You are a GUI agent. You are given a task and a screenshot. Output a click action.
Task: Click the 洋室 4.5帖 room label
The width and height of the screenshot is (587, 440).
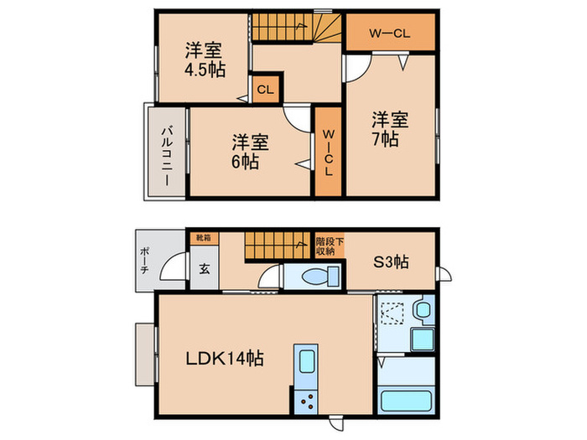coord(205,60)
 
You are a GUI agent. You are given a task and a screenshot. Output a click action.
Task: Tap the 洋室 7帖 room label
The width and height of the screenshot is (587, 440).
coord(389,129)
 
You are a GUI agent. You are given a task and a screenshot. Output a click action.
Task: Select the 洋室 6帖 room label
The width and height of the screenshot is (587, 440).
coord(250,152)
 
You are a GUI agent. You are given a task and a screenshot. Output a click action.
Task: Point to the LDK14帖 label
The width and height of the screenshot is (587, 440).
coord(225,359)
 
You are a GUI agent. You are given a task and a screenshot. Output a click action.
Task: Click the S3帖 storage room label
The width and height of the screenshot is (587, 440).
coord(391,261)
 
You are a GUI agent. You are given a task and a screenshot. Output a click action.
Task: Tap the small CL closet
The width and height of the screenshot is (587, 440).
coord(266,90)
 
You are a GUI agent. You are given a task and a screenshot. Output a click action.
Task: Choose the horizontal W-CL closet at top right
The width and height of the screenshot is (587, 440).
coord(390,32)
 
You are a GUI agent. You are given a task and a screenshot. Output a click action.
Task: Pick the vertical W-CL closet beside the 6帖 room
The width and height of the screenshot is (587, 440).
coord(329,152)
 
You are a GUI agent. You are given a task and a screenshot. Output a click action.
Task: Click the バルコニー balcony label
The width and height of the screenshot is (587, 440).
coord(167,157)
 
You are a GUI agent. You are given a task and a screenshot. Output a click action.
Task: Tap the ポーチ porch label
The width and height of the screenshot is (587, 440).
coord(144,261)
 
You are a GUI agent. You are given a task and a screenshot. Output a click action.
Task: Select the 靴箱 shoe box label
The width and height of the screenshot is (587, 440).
coord(204,237)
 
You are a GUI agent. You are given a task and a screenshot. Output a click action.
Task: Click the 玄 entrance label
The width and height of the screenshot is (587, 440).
coord(205,268)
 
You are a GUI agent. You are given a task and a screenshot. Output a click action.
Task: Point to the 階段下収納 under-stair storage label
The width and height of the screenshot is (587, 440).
coord(330,246)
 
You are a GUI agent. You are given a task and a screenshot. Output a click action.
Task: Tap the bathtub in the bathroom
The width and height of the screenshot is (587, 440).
coord(405,401)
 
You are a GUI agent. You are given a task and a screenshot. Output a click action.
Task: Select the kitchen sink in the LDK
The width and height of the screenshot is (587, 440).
coord(307,361)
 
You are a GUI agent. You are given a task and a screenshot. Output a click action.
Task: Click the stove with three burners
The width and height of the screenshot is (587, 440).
coord(306,401)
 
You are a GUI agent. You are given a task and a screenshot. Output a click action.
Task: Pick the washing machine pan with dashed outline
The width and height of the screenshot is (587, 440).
coord(392,313)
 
